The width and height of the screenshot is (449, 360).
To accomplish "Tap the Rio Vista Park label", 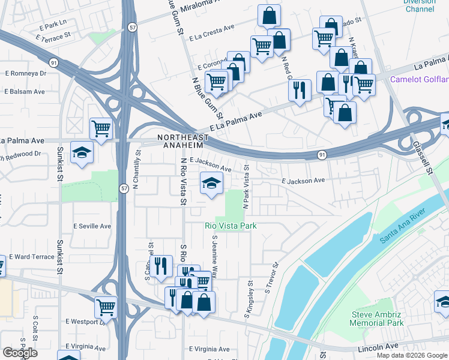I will (x=231, y=226).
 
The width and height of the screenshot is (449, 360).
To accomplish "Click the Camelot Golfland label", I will (x=419, y=79).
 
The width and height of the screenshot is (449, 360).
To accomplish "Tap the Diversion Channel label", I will (x=419, y=5).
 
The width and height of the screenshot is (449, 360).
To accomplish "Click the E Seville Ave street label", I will (x=92, y=226).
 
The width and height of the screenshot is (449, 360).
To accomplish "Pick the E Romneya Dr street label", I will (x=25, y=73).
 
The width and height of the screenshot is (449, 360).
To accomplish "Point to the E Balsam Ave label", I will (x=25, y=92).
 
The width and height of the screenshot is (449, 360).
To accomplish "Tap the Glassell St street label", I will (x=422, y=156).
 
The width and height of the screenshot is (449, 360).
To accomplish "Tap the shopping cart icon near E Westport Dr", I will (x=106, y=307).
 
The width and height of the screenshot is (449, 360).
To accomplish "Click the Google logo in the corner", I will (x=19, y=353).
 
